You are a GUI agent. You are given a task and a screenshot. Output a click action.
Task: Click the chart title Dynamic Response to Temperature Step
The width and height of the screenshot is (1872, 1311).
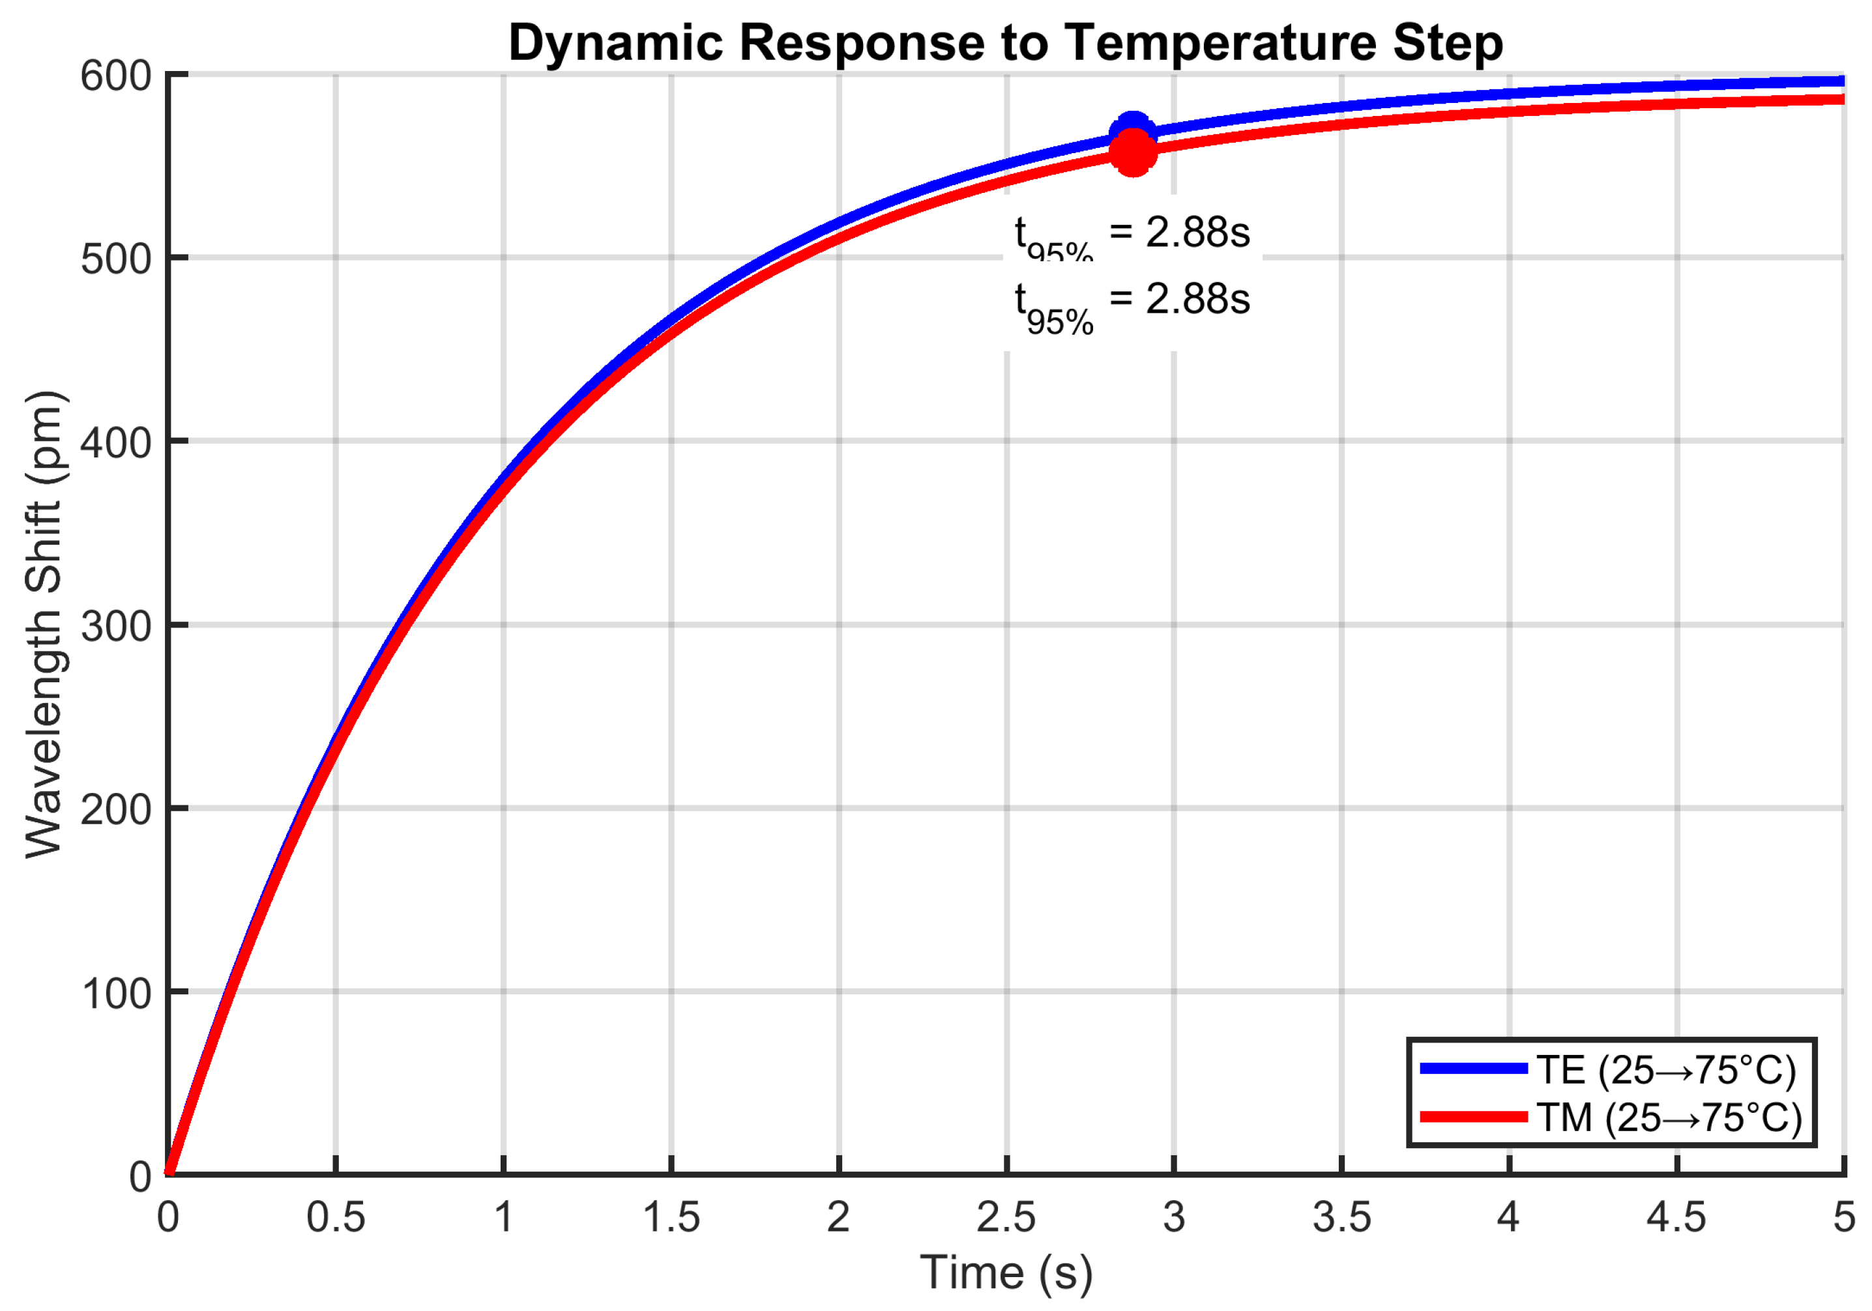(1005, 42)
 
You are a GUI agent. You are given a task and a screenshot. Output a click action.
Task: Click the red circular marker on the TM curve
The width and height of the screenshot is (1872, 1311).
(1132, 153)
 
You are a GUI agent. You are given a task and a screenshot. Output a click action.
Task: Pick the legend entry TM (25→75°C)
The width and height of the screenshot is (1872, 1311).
(1669, 1117)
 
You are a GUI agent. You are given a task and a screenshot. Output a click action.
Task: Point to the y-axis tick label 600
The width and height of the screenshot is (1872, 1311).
(116, 77)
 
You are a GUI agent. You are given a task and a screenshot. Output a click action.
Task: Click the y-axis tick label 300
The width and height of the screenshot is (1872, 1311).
(116, 627)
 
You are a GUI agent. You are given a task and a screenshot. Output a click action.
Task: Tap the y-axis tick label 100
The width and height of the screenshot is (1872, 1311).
(116, 994)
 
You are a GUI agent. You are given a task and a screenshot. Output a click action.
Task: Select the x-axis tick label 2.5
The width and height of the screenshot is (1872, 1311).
(1006, 1218)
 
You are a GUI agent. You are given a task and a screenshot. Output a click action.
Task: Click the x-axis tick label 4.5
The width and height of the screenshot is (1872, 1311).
(1676, 1218)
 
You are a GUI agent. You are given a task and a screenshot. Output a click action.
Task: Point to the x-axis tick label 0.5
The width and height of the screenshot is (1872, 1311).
(335, 1218)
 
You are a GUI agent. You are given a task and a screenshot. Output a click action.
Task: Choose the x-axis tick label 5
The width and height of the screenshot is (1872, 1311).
(1843, 1218)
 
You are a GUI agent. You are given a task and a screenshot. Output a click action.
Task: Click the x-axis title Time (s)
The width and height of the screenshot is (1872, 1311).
(1006, 1273)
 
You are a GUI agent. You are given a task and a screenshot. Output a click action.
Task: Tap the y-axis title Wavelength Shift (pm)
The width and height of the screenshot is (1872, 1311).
(44, 624)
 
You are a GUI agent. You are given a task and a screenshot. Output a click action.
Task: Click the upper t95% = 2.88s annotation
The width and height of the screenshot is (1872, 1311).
(1132, 235)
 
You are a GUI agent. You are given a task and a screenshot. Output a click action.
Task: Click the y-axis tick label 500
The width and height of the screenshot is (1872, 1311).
(116, 260)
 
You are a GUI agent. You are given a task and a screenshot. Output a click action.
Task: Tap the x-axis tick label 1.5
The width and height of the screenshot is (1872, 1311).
(671, 1218)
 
